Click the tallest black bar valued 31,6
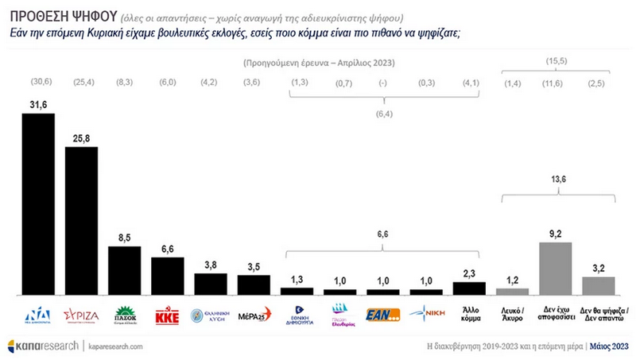[x=38, y=203]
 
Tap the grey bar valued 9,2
[x=556, y=268]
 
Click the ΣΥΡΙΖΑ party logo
[x=81, y=314]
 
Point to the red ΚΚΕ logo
[x=168, y=314]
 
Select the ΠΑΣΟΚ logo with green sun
[x=124, y=314]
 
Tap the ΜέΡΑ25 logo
[x=254, y=314]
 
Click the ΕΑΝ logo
[x=382, y=315]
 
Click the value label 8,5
[x=124, y=237]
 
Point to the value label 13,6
[x=556, y=180]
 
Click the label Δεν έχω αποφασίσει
[x=556, y=315]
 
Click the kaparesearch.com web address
[x=115, y=346]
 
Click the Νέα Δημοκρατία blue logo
[x=38, y=314]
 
